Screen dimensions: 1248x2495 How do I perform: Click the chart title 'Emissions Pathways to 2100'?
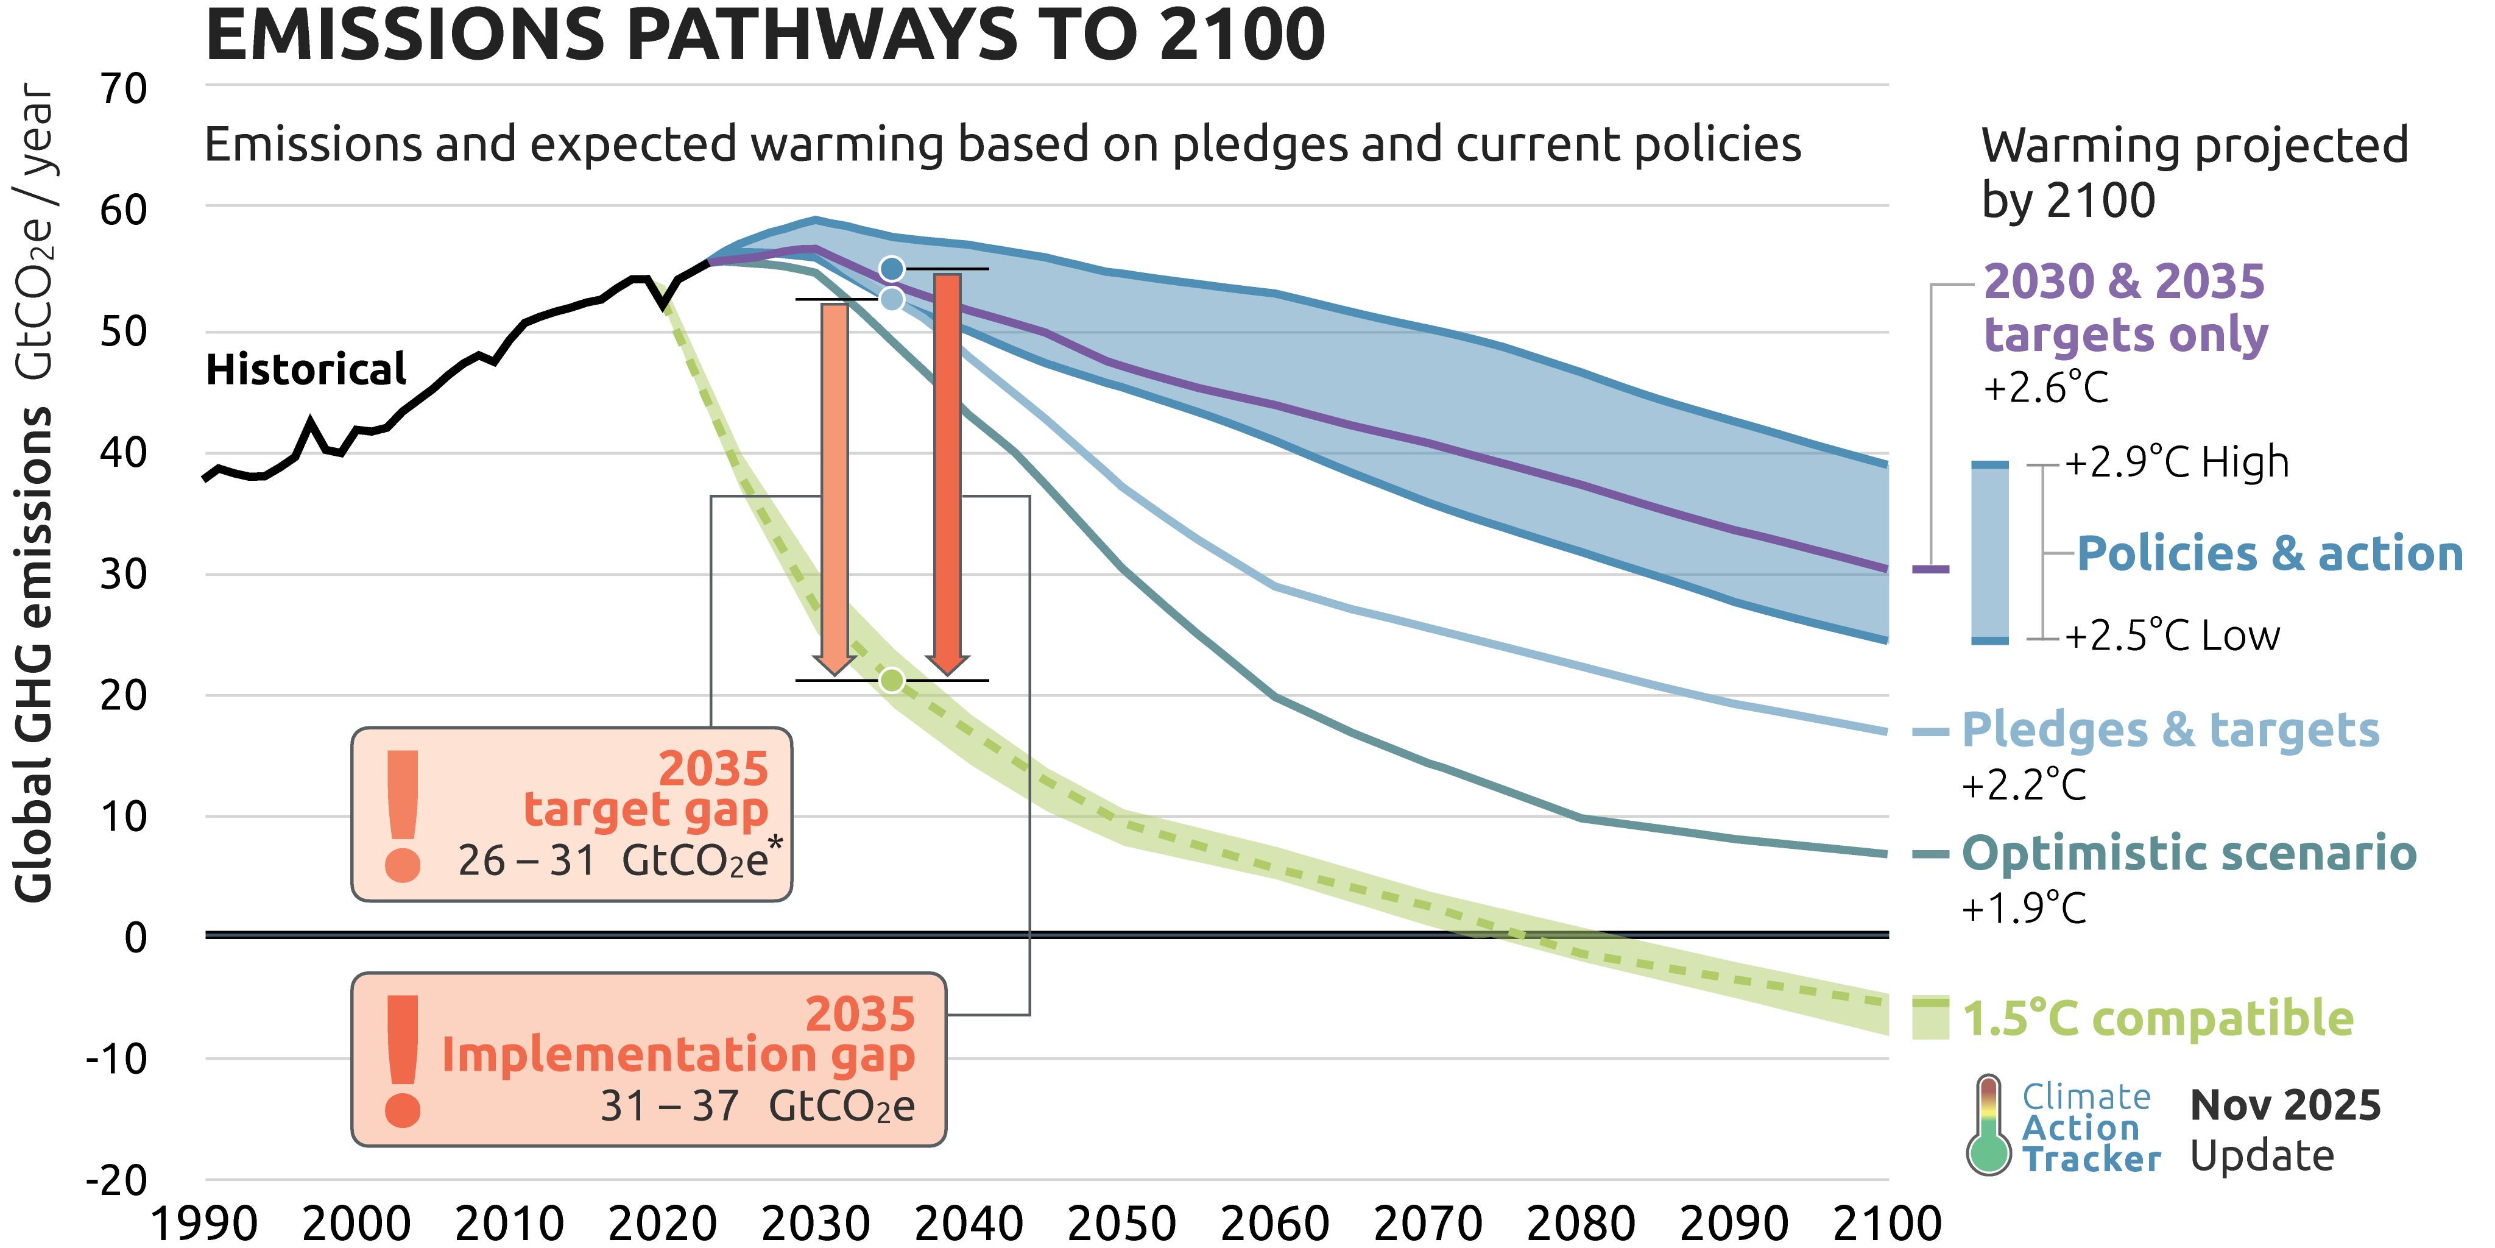(x=765, y=35)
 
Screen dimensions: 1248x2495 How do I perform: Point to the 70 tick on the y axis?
(x=124, y=88)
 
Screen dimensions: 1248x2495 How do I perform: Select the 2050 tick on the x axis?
(x=1121, y=1223)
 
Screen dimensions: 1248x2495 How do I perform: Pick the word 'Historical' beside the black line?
(x=306, y=369)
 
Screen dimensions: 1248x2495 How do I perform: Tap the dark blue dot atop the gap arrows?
(x=892, y=268)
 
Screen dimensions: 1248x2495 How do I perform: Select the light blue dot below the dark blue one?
(x=892, y=299)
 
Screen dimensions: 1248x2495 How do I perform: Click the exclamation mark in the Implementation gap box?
(x=402, y=1061)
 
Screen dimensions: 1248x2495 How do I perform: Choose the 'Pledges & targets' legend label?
(x=2170, y=729)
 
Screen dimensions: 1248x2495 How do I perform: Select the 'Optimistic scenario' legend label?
(x=2189, y=854)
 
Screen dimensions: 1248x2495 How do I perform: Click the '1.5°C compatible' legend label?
(x=2158, y=1018)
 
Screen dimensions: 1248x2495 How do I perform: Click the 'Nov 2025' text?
(x=2285, y=1105)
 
